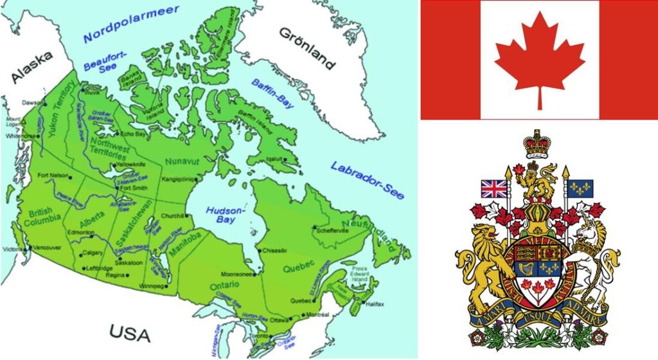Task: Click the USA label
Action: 129,333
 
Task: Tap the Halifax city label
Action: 374,303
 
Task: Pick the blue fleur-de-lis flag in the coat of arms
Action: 581,188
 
